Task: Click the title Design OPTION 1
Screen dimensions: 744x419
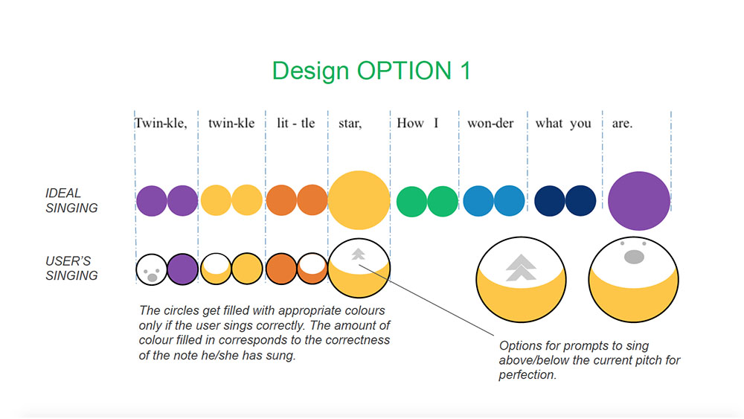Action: pos(371,71)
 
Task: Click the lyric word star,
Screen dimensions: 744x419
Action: pos(350,124)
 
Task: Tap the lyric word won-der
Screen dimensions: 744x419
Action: pos(490,124)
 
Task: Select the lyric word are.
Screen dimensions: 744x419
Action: pos(622,124)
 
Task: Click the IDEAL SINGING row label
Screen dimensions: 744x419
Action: pos(71,200)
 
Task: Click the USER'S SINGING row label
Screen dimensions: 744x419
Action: pos(71,268)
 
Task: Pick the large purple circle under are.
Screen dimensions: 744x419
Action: pos(638,201)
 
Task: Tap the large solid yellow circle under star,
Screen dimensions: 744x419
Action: pos(359,199)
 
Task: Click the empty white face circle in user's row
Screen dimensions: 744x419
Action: pos(151,269)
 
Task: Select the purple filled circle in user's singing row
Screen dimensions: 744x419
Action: pos(183,269)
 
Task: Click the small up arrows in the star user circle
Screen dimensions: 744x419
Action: pos(359,255)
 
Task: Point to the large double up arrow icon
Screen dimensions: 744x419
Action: pos(521,268)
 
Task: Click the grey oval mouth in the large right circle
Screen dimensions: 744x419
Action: pos(634,257)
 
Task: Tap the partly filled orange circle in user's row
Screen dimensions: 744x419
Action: pos(312,269)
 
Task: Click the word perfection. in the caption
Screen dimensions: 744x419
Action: pos(527,375)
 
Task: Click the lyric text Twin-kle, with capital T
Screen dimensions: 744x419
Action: pos(161,124)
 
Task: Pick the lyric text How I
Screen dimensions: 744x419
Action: pos(417,124)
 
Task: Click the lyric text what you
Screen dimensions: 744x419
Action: pos(563,124)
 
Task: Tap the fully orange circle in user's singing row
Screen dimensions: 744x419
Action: pos(281,269)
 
